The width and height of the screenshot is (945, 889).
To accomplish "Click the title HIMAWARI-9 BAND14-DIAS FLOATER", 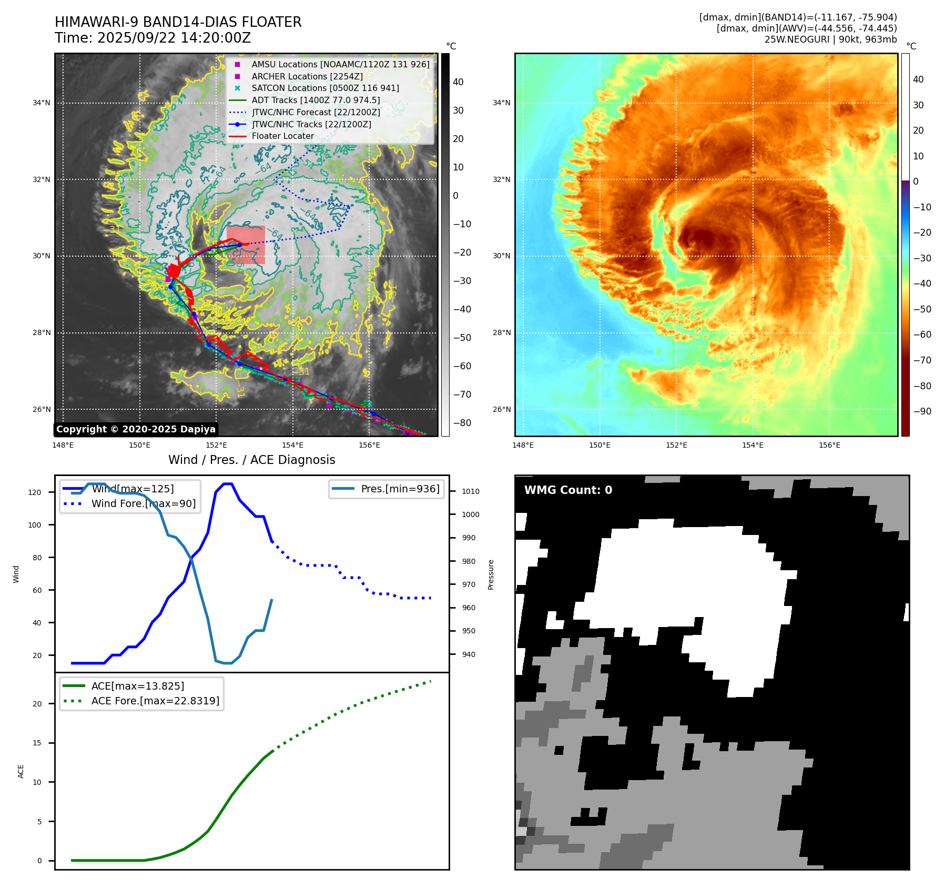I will click(x=178, y=22).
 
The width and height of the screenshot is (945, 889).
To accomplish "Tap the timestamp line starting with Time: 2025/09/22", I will click(x=153, y=38).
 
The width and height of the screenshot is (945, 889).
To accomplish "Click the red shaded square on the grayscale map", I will click(x=246, y=245).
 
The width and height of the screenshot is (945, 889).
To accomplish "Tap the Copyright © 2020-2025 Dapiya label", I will click(x=136, y=429).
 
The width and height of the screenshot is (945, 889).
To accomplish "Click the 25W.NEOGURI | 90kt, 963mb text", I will click(x=830, y=39).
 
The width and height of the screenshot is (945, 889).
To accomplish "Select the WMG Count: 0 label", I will click(x=568, y=490).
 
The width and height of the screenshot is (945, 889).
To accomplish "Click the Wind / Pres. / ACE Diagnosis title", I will click(x=251, y=460).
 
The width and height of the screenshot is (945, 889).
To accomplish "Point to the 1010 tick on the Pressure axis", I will click(x=470, y=491).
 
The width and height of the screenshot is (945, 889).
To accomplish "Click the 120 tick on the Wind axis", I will click(x=35, y=492).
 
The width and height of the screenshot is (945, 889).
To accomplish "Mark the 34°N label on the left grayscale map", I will click(x=42, y=103).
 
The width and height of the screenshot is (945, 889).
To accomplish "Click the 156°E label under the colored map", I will click(x=829, y=445).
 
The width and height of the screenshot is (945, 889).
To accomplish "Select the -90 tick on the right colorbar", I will click(x=922, y=411).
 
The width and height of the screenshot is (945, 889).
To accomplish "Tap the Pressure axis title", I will click(x=491, y=574).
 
